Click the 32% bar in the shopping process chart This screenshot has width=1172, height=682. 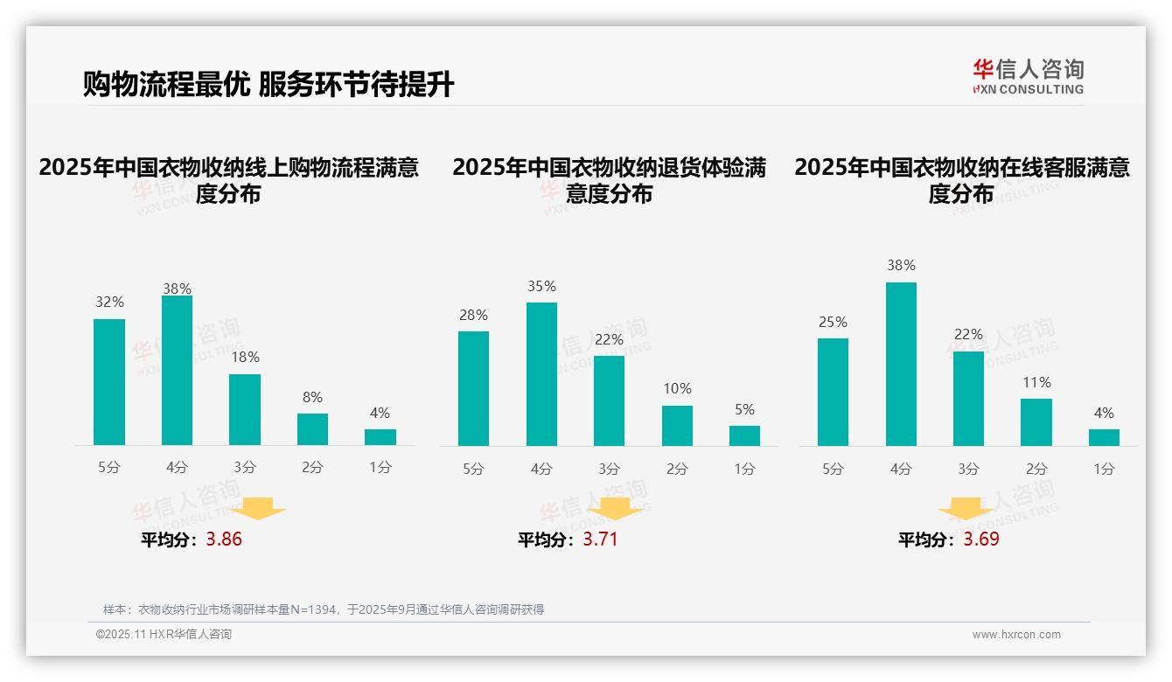[109, 382]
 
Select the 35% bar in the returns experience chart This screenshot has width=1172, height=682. [541, 374]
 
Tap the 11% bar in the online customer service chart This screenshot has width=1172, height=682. [1036, 422]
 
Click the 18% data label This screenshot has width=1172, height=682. [245, 357]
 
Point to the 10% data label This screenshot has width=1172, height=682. [677, 388]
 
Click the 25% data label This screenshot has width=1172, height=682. [833, 322]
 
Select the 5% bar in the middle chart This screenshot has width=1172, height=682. [744, 435]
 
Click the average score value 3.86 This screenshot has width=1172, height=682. [224, 539]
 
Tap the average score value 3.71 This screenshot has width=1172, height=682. [600, 539]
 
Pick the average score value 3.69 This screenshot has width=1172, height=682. [981, 539]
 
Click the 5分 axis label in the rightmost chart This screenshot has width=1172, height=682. [833, 469]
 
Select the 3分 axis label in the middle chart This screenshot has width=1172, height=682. [609, 469]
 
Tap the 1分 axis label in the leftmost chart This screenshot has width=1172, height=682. [380, 468]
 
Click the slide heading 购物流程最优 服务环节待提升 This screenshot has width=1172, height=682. [268, 84]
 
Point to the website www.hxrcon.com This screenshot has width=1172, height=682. [1015, 635]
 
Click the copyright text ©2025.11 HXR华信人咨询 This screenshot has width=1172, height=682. [164, 635]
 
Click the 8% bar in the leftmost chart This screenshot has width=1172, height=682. [312, 429]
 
